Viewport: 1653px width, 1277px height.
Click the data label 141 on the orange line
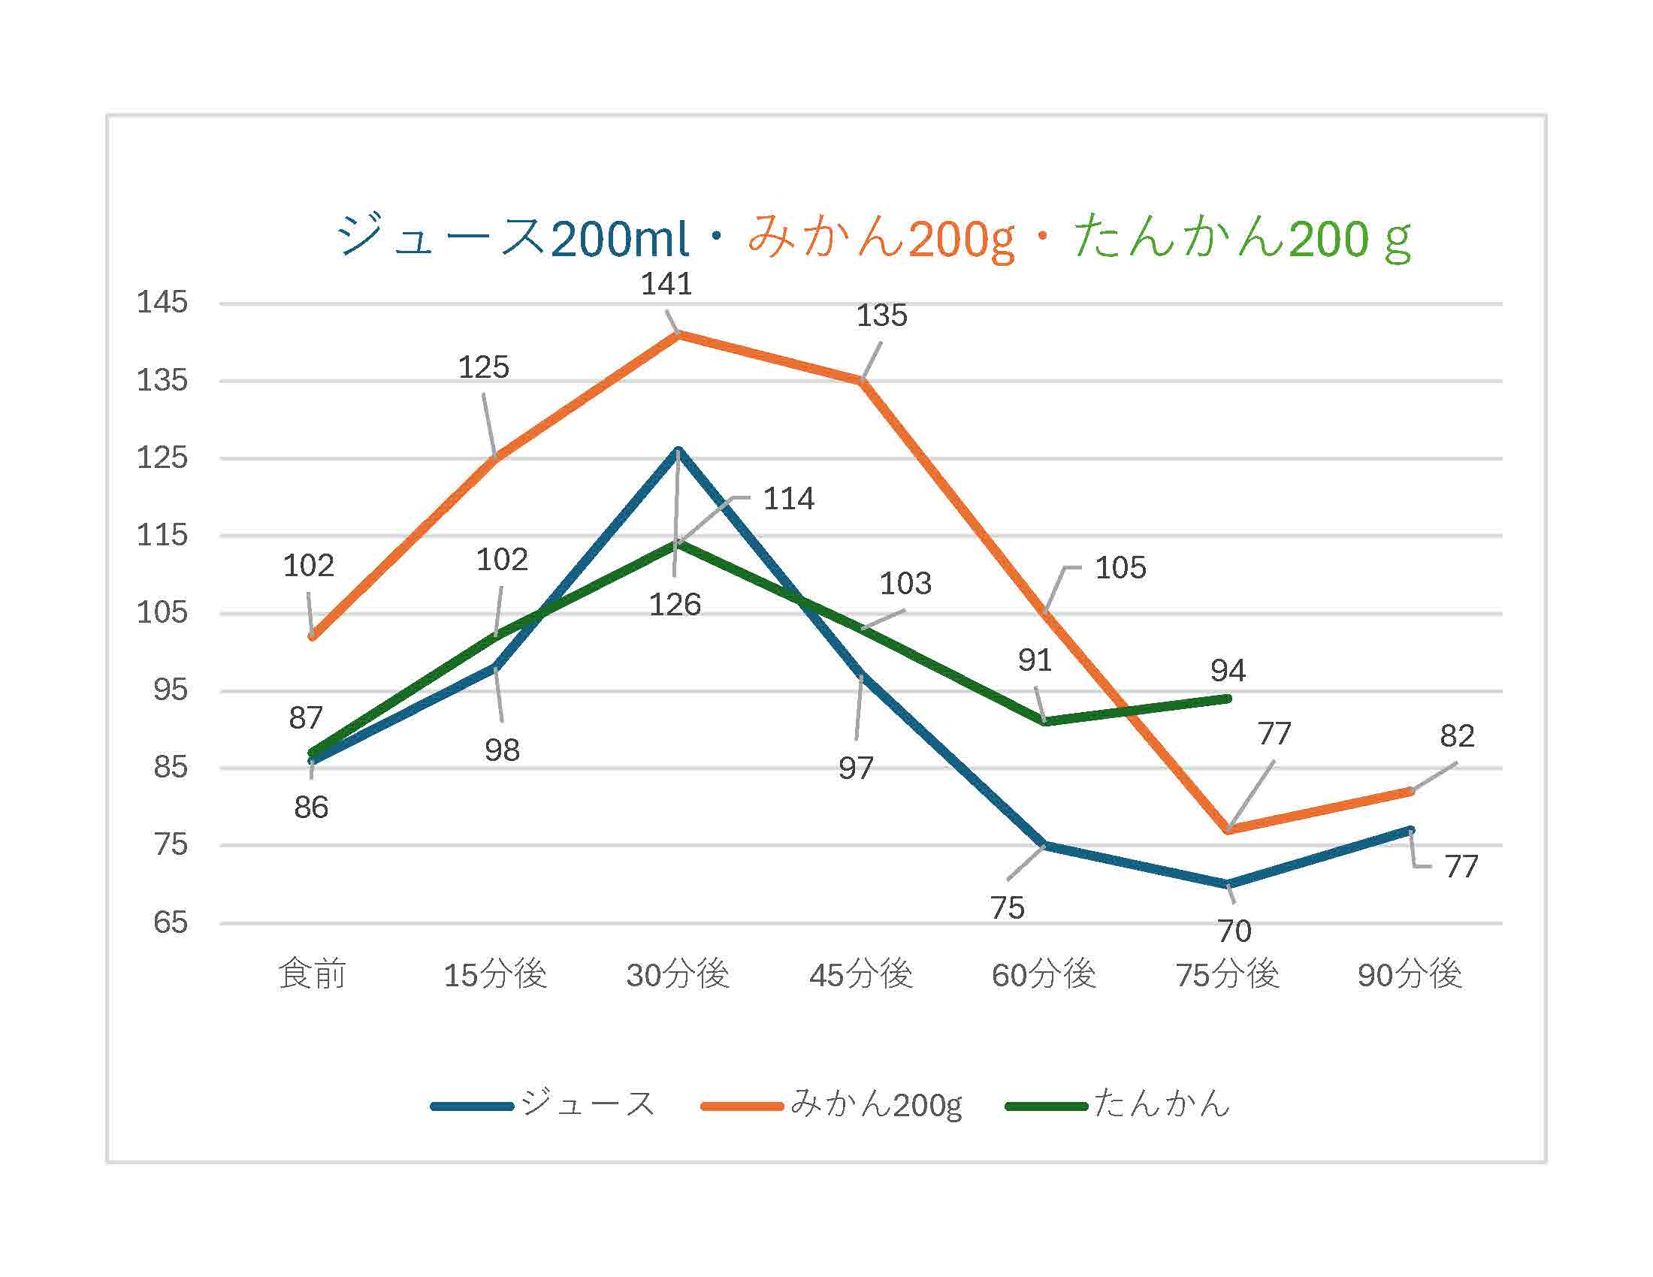(x=666, y=285)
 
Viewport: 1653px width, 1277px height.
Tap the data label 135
(x=881, y=315)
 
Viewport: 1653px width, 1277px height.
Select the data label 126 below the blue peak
(x=675, y=605)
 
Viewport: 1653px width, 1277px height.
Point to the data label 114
(x=788, y=499)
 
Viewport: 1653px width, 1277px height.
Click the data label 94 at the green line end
(x=1227, y=670)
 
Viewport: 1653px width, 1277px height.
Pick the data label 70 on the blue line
(x=1234, y=931)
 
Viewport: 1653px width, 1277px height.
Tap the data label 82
(x=1456, y=735)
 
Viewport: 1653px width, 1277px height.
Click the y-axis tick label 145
(x=162, y=303)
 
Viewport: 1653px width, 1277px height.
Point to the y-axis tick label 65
(x=170, y=922)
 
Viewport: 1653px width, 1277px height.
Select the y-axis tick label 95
(x=170, y=690)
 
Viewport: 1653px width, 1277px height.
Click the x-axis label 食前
(x=312, y=974)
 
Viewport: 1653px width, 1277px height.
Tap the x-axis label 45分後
(x=860, y=974)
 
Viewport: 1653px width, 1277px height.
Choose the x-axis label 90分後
(x=1410, y=974)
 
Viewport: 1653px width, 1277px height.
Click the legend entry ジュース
(x=587, y=1103)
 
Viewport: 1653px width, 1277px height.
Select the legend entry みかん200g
(x=875, y=1104)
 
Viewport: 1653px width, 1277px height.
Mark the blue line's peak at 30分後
(x=678, y=451)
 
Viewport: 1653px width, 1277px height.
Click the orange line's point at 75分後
(x=1227, y=829)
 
